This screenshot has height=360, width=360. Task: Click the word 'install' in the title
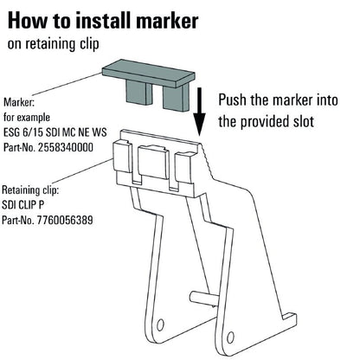pyautogui.click(x=112, y=18)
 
